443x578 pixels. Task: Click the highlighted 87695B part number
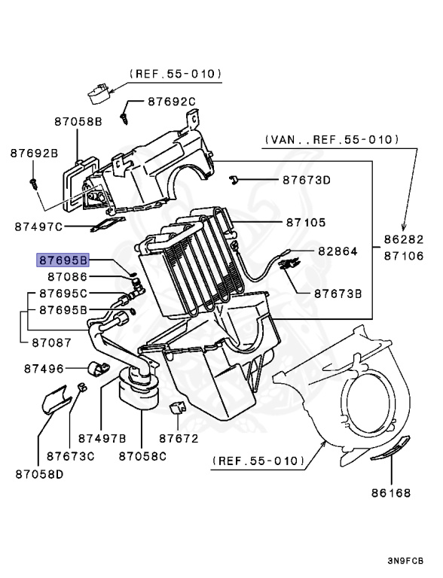tap(63, 260)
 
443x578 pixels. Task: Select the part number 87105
tap(305, 223)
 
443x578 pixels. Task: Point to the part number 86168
tap(390, 494)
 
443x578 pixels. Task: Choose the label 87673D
tap(307, 180)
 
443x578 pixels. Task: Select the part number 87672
tap(179, 437)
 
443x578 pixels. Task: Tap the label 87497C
tap(38, 226)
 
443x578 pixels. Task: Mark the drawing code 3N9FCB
tap(405, 561)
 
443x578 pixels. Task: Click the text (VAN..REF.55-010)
tap(331, 139)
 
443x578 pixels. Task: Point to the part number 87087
tap(51, 342)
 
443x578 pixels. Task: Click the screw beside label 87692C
tap(124, 117)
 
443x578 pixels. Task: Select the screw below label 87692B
tap(34, 182)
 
